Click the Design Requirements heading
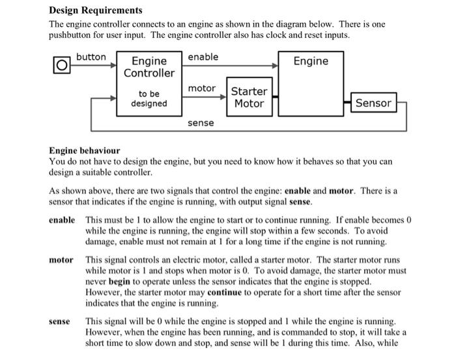pos(96,10)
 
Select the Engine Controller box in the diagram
pos(149,83)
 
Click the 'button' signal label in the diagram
pos(91,57)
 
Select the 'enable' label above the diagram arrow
pos(203,57)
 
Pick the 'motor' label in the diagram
pos(201,88)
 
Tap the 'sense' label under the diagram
pos(201,122)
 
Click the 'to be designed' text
pos(149,98)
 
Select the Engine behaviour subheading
pos(84,150)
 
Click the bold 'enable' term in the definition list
pos(63,220)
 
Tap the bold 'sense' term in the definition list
pos(61,322)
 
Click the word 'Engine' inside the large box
pos(311,61)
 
